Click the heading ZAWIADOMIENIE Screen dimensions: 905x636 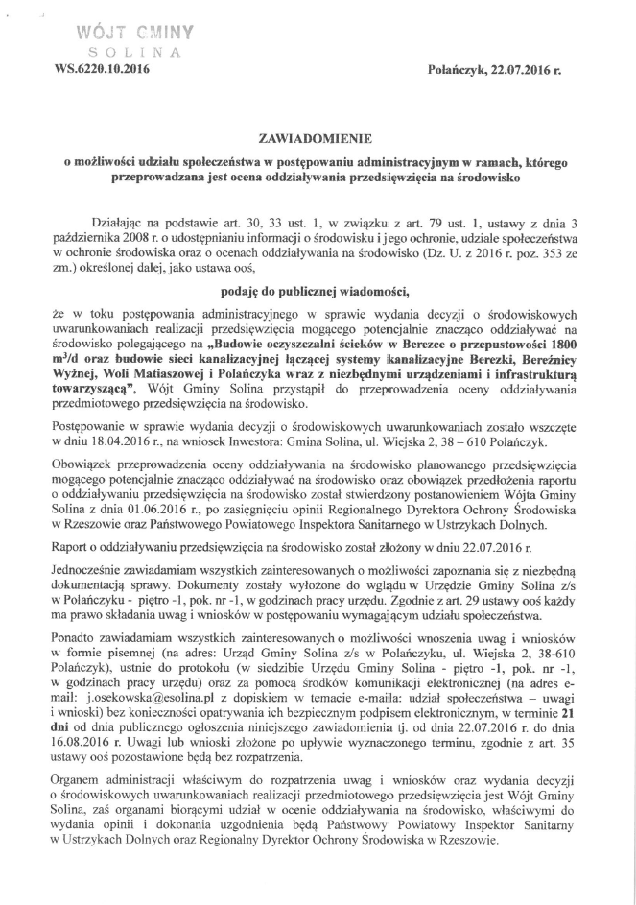tap(318, 139)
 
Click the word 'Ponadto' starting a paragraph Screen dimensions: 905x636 tap(81, 647)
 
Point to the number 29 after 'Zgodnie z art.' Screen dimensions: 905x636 tap(515, 599)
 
